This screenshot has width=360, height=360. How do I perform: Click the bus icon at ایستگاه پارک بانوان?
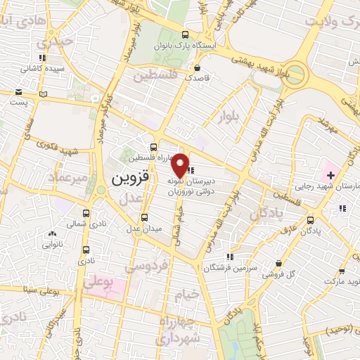pos(186,35)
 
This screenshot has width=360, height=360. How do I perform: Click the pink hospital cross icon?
pos(330,174)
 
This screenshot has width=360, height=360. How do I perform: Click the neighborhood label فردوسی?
pos(145,266)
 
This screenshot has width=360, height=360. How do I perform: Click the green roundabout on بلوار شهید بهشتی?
pos(296,74)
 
